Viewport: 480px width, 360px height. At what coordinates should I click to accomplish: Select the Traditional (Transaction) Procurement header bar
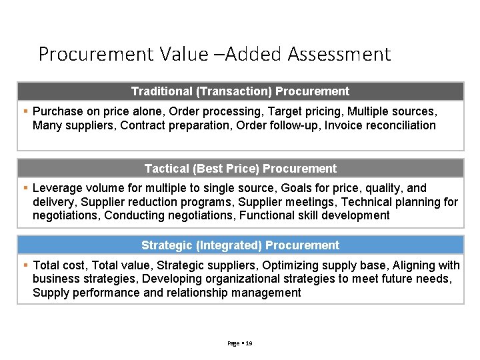click(x=240, y=91)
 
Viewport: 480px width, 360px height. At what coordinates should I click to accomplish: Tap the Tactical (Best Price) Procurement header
click(x=240, y=169)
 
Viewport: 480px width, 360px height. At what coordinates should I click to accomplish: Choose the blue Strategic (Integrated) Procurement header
click(x=240, y=245)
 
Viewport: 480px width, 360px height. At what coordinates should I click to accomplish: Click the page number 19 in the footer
click(x=249, y=343)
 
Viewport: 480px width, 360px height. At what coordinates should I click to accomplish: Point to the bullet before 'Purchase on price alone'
click(x=25, y=111)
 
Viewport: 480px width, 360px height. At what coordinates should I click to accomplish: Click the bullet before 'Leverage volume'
click(x=25, y=188)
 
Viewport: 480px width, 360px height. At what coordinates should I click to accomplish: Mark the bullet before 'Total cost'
click(x=25, y=265)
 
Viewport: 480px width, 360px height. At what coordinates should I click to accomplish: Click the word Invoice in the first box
click(x=341, y=125)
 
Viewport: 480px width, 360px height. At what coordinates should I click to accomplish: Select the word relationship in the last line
click(x=203, y=293)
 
